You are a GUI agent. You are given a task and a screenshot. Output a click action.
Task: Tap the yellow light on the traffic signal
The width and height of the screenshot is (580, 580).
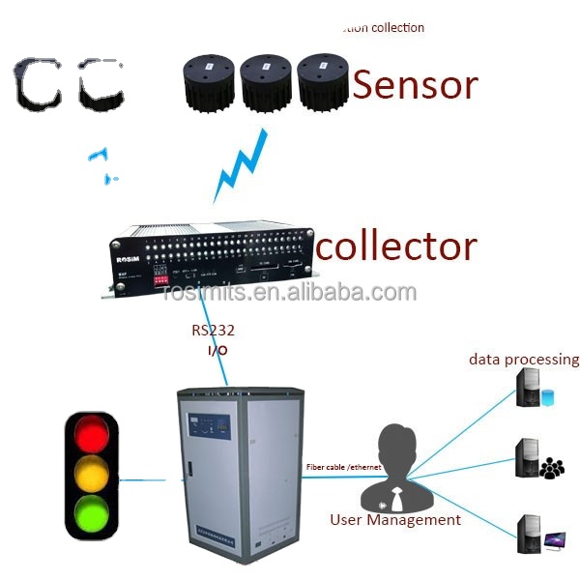(91, 474)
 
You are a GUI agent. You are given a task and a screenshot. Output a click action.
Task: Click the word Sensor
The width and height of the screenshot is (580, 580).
(415, 85)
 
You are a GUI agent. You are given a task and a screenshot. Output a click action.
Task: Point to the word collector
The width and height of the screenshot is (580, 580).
(396, 246)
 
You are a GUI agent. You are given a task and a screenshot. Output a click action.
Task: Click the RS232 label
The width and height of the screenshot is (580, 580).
(213, 330)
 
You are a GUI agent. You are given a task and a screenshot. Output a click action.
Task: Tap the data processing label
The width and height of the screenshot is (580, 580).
(524, 360)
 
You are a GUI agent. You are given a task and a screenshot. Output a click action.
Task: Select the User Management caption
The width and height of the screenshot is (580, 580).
(395, 520)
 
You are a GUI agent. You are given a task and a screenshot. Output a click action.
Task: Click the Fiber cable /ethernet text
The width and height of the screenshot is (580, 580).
(343, 467)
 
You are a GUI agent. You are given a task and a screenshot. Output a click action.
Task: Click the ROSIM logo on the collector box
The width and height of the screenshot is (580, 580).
(128, 260)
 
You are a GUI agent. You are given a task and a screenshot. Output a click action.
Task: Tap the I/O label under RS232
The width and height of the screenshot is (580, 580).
(217, 349)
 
